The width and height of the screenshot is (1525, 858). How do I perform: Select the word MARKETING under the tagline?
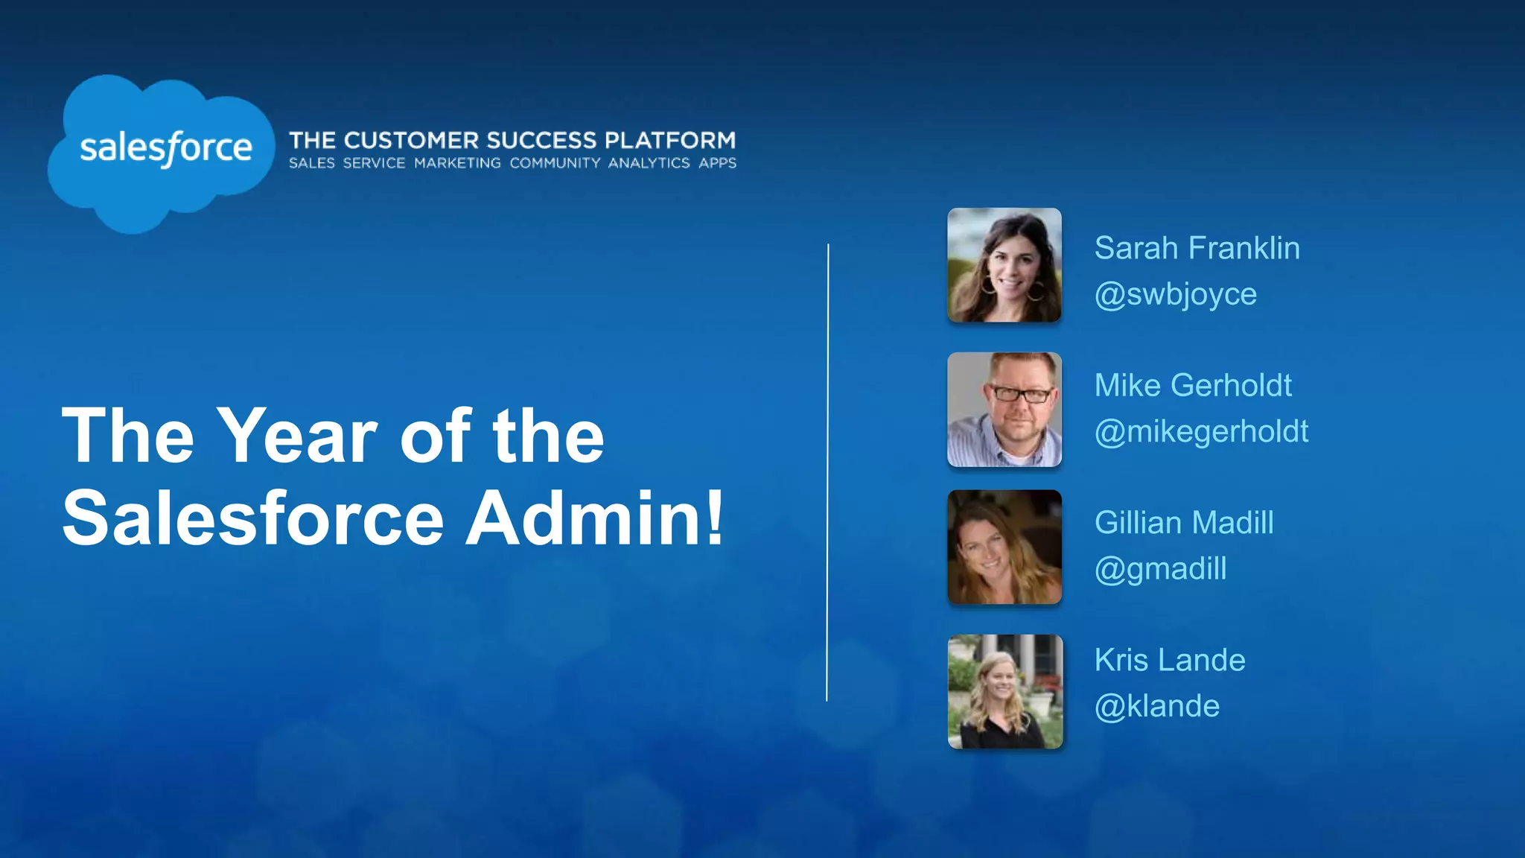[x=457, y=163]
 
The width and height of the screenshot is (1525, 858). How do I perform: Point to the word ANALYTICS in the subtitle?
[x=649, y=163]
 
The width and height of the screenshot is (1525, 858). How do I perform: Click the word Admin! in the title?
[x=594, y=518]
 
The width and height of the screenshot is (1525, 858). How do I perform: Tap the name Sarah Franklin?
[x=1197, y=248]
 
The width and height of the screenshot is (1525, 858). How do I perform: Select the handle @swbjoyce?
[x=1175, y=294]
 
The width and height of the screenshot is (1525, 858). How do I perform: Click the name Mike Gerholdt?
[x=1193, y=386]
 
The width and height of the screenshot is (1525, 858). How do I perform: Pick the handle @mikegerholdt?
[x=1201, y=432]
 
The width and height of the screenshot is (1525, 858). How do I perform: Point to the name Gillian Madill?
[x=1184, y=523]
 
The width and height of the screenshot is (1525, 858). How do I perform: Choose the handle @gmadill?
[x=1160, y=569]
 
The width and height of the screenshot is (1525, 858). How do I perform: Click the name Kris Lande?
[x=1169, y=661]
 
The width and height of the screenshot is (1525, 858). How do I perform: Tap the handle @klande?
[x=1156, y=706]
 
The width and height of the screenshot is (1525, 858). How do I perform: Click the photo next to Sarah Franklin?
[x=1004, y=265]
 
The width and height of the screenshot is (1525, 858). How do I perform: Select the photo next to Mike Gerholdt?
[x=1004, y=410]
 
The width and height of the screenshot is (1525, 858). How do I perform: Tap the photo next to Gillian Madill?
[x=1004, y=547]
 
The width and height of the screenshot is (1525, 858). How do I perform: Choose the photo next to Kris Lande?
[x=1004, y=691]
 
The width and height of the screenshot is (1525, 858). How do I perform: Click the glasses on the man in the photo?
[x=1021, y=393]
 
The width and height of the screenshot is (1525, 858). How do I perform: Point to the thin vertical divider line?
[x=827, y=472]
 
